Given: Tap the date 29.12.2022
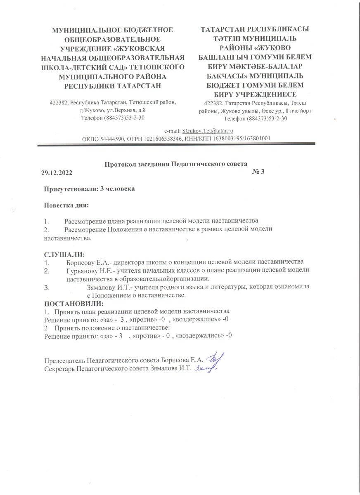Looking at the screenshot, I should (x=57, y=172).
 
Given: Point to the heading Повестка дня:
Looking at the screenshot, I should (x=66, y=205).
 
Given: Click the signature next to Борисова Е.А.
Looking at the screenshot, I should (x=214, y=360).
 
